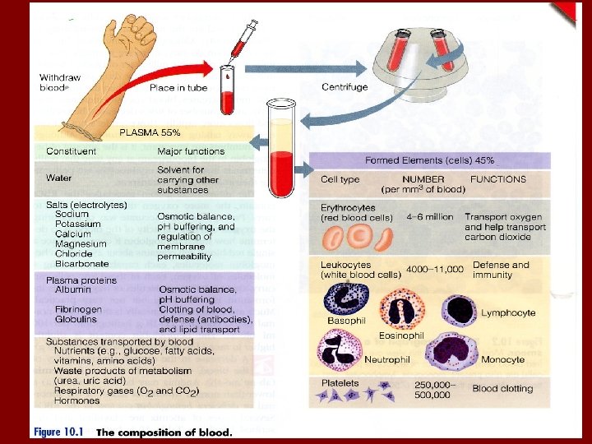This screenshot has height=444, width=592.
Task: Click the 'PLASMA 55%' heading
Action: pos(150,132)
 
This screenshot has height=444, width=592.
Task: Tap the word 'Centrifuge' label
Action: pos(344,87)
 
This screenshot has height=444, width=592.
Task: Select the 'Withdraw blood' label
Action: pos(60,81)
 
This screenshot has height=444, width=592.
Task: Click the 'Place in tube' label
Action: pos(178,87)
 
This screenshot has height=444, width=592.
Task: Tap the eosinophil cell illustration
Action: pos(402,310)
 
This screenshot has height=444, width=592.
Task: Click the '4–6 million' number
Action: pos(429,217)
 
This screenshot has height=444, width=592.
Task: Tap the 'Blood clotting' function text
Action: pos(502,389)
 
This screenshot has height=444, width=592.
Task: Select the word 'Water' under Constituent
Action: pos(59,178)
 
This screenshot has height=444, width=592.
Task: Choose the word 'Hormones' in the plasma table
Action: pos(76,400)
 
